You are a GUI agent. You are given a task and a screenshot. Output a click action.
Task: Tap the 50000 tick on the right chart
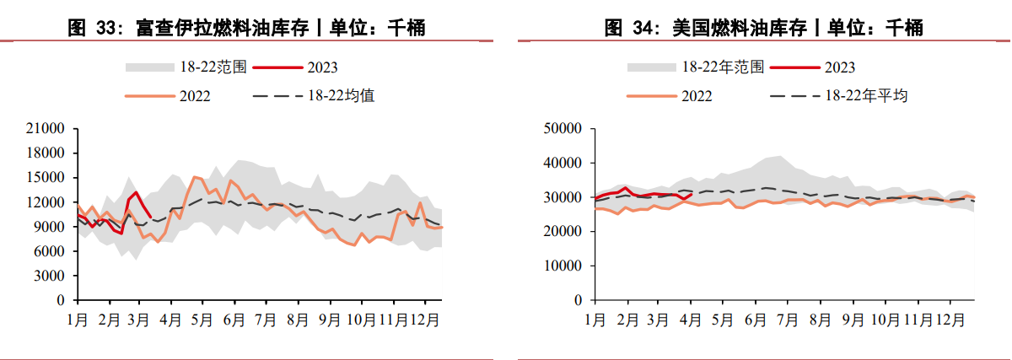click(x=563, y=129)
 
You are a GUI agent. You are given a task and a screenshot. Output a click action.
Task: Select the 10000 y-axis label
click(x=563, y=266)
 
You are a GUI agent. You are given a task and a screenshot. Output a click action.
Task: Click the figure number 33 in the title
click(x=105, y=28)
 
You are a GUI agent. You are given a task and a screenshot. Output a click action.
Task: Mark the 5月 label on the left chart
click(x=202, y=320)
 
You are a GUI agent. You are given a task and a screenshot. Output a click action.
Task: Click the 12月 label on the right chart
click(x=951, y=320)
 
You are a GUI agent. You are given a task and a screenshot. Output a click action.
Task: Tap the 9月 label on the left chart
click(x=328, y=320)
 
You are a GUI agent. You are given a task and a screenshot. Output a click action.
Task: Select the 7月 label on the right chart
click(x=787, y=320)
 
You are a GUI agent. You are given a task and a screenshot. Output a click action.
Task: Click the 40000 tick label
click(x=563, y=163)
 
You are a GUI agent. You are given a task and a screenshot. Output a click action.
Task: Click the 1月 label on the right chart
click(x=595, y=320)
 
